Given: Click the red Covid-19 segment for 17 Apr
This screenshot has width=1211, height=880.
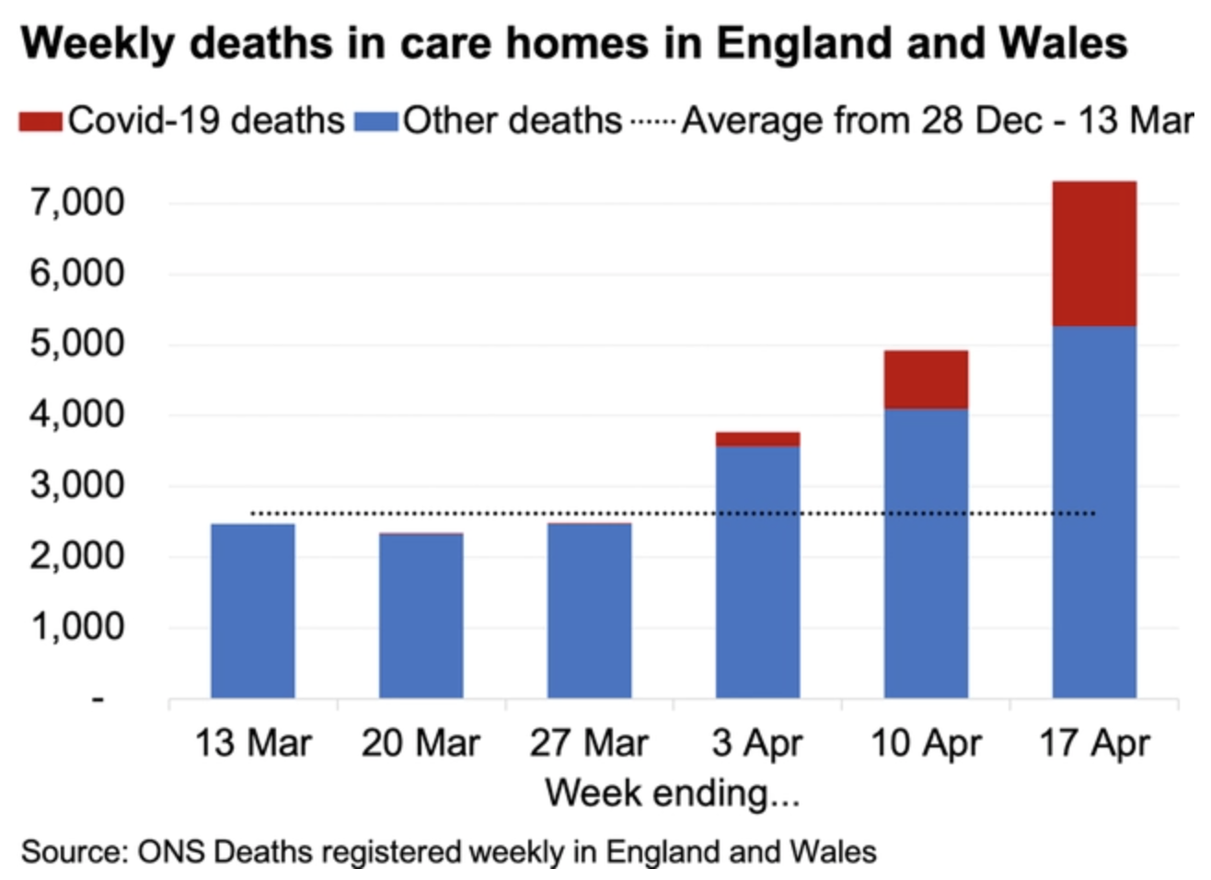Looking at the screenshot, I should coord(1094,254).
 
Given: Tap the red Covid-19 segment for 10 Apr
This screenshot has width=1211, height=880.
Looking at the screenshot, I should coord(926,379).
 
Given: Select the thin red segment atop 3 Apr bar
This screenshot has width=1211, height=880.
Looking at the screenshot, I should coord(757,439).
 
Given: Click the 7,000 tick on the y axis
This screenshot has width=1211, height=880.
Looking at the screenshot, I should coord(77,203).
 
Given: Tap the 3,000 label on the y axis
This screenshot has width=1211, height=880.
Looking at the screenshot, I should coord(77,485).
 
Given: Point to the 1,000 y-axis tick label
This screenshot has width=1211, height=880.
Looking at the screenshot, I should coord(77,627).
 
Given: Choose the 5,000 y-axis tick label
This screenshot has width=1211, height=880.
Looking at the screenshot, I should coord(77,343).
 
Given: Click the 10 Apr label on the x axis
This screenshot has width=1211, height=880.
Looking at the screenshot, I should coord(926,743).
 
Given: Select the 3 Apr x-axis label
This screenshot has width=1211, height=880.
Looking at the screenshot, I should coord(757,743).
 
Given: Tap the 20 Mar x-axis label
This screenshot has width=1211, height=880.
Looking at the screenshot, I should coord(421,743).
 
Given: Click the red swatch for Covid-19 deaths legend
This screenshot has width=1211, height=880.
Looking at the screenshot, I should coord(40,122).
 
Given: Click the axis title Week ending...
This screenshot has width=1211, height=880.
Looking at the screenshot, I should coord(672,793).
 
